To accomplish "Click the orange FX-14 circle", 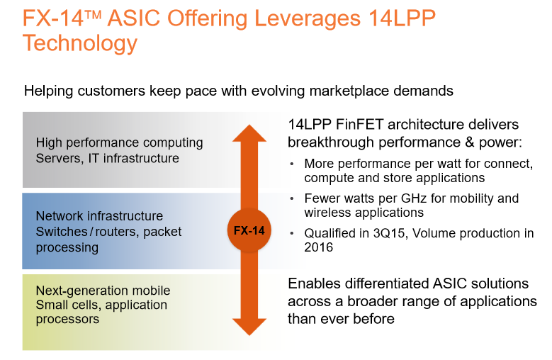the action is (249, 230).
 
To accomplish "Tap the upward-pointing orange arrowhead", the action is (249, 133).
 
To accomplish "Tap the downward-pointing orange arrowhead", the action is (249, 327).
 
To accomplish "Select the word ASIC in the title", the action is (134, 18).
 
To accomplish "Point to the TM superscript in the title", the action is (93, 14).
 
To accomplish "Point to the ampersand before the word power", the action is (470, 142).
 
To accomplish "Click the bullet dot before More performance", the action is (291, 164).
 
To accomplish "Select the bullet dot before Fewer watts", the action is (291, 198).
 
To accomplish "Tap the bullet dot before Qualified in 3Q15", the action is (291, 233).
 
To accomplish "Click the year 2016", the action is (319, 247).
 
